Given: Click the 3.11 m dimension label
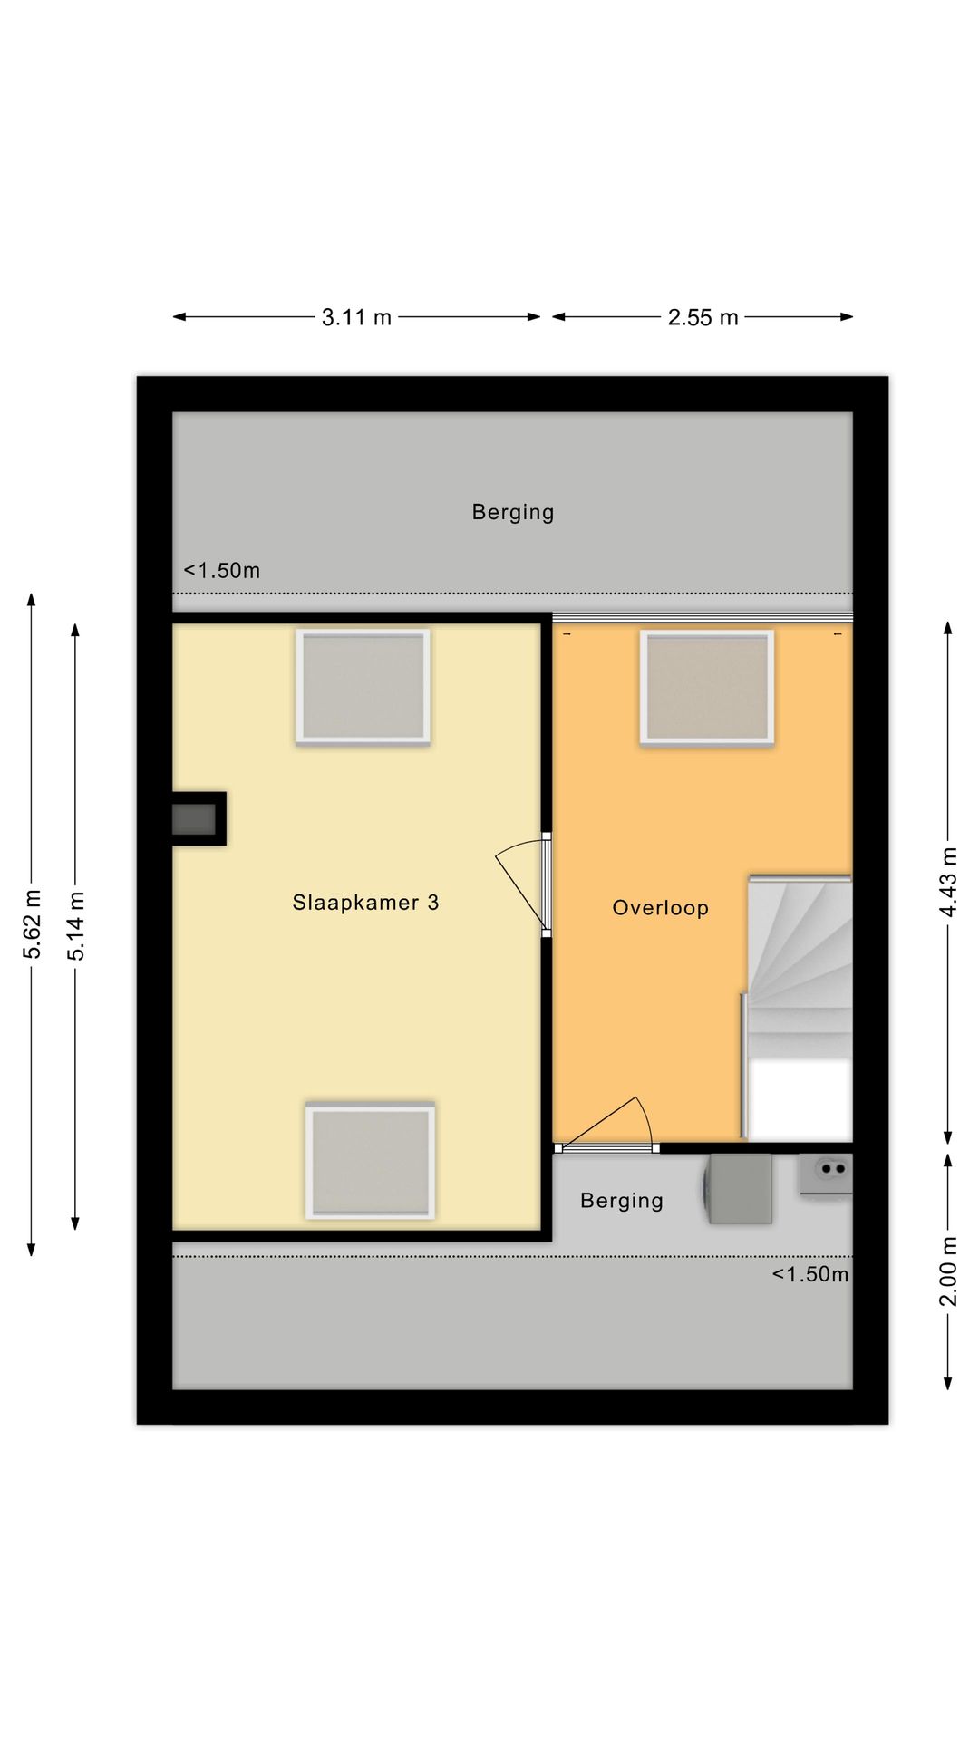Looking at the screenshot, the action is pos(356,317).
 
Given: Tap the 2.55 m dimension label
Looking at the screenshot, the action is pos(703,317).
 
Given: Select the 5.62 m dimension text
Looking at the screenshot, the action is pos(33,924).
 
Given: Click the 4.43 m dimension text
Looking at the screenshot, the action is pos(948,882).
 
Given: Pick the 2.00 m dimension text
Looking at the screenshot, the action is pos(948,1271).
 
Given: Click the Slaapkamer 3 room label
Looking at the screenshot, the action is pos(365,903).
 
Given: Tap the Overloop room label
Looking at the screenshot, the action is pos(660,908).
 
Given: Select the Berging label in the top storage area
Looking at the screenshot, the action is pos(513,513).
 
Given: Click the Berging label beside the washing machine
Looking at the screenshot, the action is pos(622,1202).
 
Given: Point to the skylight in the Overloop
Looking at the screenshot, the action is pos(707,688).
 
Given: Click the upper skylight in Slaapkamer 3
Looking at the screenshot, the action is pos(363,687).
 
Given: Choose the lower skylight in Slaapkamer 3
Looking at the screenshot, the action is pos(370,1160).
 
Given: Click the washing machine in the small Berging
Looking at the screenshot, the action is pos(739,1188).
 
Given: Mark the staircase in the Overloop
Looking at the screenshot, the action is pos(798,1007).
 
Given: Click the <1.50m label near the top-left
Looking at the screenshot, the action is pos(222,571).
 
